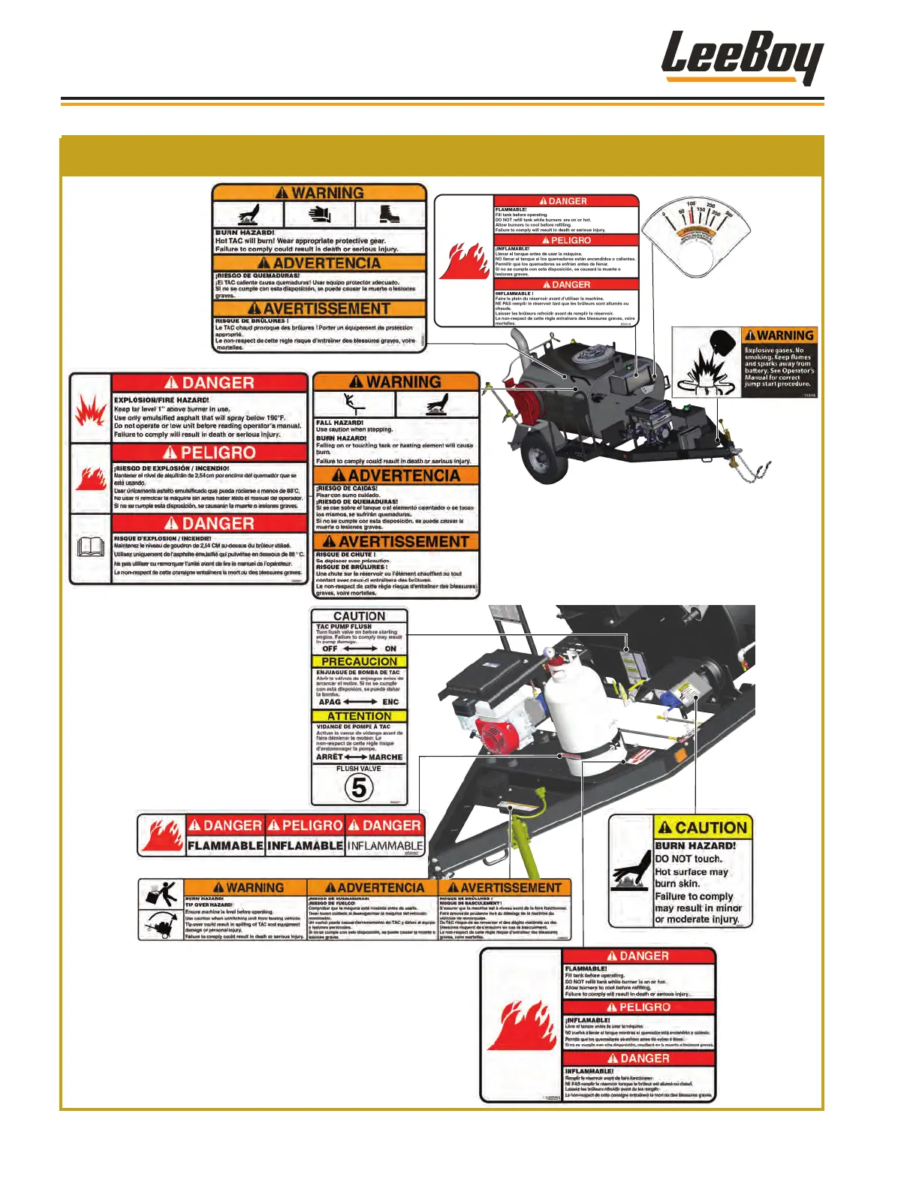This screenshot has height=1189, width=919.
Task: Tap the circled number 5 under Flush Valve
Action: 359,787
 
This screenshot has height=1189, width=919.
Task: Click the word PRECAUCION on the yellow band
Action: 359,661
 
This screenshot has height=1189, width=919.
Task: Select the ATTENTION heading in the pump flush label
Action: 359,716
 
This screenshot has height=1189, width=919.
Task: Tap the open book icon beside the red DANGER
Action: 90,547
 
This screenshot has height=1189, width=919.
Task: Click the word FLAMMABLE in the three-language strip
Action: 225,846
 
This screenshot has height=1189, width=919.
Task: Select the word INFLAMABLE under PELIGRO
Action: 306,846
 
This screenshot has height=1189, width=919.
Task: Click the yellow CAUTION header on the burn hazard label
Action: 703,828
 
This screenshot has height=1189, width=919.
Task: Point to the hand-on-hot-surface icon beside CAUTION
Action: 631,871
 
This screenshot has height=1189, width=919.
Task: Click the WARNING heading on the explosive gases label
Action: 779,336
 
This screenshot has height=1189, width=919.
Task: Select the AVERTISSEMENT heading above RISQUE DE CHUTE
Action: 396,541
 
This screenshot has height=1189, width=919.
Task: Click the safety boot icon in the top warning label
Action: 390,214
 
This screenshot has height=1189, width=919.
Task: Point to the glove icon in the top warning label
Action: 320,214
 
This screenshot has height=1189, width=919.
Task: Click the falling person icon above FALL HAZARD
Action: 354,404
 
